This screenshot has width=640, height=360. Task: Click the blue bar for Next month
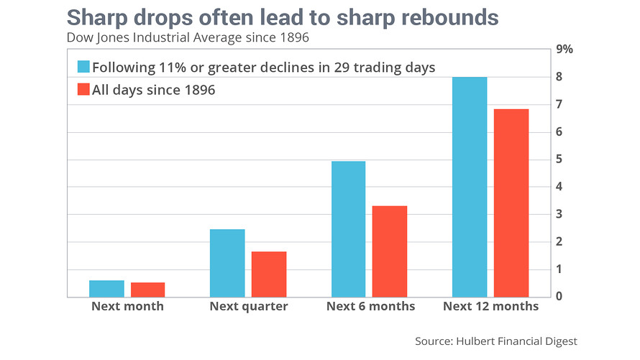coord(106,288)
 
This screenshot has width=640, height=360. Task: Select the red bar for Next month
coord(147,290)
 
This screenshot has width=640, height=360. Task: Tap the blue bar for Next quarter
coord(227,263)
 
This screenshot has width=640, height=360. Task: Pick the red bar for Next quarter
coord(268,274)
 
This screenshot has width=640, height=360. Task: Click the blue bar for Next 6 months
coord(348,229)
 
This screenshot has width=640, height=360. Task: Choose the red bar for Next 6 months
coord(390,251)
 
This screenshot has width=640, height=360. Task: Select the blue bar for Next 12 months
coord(470,187)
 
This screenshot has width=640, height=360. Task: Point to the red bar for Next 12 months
coord(511,203)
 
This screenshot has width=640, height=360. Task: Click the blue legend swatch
coord(83,68)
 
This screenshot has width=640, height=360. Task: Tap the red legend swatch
coord(83,90)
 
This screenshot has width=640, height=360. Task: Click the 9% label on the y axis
coord(565,50)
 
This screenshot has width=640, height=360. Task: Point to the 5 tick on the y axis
coord(561,160)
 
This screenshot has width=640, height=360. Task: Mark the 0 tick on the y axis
coord(561,296)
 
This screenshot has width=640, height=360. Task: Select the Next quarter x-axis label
coord(249,307)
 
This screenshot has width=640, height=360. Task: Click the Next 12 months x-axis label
coord(491,307)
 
